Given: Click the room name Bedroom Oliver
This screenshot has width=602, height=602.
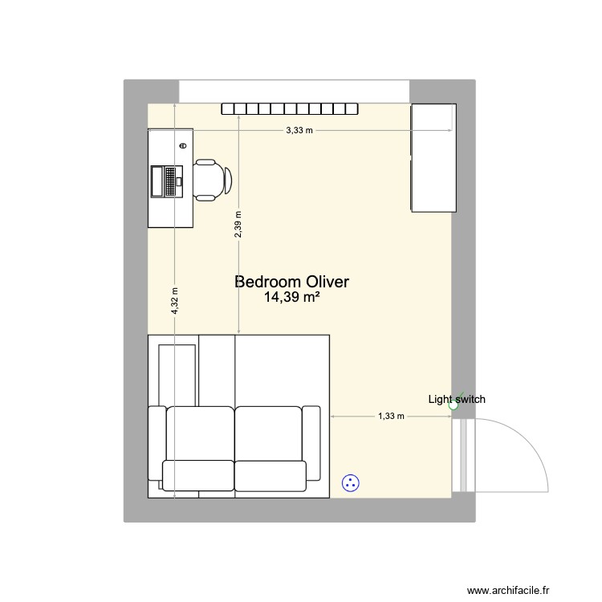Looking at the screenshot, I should click(x=291, y=282).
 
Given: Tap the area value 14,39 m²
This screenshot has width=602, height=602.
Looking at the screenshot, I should click(x=291, y=298).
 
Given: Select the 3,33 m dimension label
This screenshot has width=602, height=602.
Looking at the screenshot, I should click(x=299, y=130).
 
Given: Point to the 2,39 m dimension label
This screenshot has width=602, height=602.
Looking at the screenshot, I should click(x=238, y=224).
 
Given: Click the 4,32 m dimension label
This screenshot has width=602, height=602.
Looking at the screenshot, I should click(x=174, y=302).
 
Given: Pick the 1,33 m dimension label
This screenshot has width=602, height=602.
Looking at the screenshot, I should click(x=392, y=417).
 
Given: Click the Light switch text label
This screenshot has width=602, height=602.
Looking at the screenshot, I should click(x=456, y=399).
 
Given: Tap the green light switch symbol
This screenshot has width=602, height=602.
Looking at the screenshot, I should click(x=454, y=406).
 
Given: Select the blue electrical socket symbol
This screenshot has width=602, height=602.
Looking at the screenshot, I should click(x=350, y=482).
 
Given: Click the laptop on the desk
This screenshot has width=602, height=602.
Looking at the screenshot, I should click(x=168, y=181).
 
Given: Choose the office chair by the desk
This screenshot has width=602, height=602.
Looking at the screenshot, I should click(x=212, y=180).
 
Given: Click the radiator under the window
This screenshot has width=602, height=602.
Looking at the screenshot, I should click(x=289, y=109).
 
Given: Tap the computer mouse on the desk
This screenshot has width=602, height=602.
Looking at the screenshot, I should click(x=184, y=146).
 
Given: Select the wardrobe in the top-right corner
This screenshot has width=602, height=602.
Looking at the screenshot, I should click(x=433, y=158).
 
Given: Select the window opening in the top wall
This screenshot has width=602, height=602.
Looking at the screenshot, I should click(x=294, y=91).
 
